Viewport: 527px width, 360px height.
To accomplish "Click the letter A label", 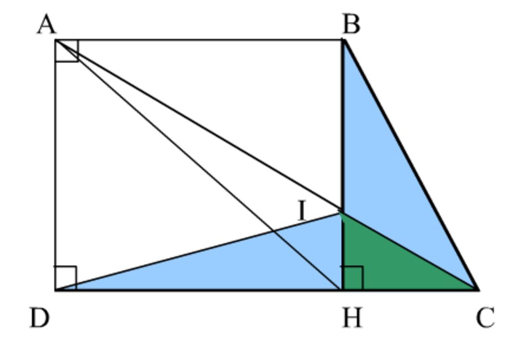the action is pyautogui.click(x=46, y=25).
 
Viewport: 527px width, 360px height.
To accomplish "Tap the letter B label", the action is pyautogui.click(x=351, y=24).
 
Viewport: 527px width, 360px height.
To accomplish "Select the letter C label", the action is pyautogui.click(x=485, y=318).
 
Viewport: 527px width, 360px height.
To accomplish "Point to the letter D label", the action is pyautogui.click(x=40, y=318).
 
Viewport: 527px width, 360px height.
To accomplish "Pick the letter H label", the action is pyautogui.click(x=352, y=318).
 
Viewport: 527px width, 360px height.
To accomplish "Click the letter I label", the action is pyautogui.click(x=302, y=210).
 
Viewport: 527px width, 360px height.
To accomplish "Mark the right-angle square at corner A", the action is pyautogui.click(x=67, y=51).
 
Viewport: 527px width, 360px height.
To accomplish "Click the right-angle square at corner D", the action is pyautogui.click(x=66, y=278).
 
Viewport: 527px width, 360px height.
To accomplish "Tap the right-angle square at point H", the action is pyautogui.click(x=353, y=278).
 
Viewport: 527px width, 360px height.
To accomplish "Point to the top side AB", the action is pyautogui.click(x=199, y=40).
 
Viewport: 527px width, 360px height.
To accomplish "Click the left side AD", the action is pyautogui.click(x=56, y=165).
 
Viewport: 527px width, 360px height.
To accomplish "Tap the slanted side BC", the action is pyautogui.click(x=410, y=165).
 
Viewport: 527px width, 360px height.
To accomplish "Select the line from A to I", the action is pyautogui.click(x=199, y=125).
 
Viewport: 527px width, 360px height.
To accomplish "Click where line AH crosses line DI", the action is pyautogui.click(x=273, y=231).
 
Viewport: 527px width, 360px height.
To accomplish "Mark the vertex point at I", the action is pyautogui.click(x=342, y=212).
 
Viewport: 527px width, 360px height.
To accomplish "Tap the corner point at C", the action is pyautogui.click(x=477, y=289).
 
